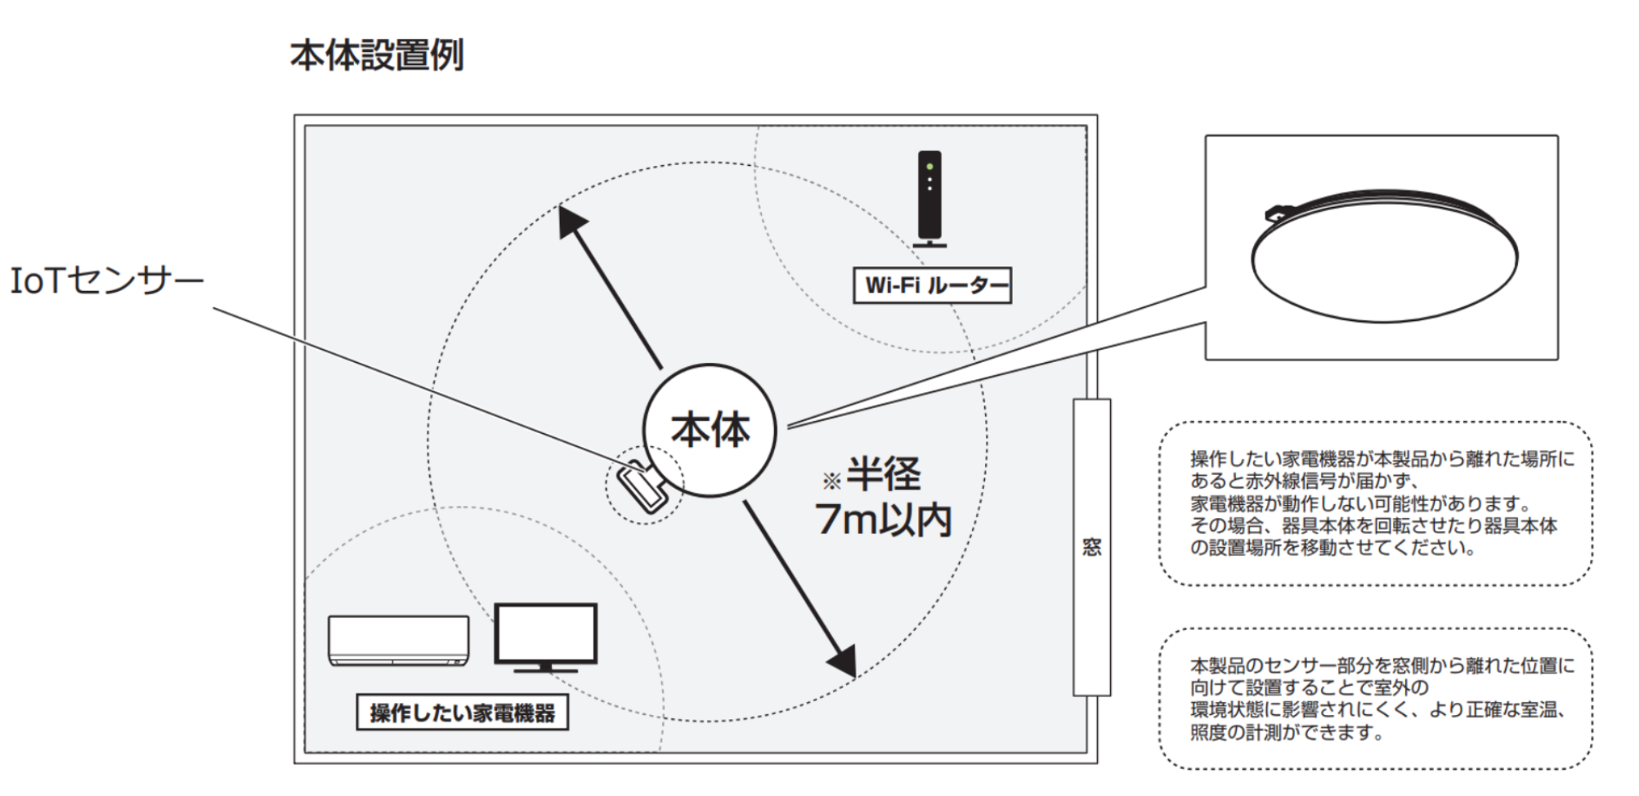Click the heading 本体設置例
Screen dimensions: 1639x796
point(377,56)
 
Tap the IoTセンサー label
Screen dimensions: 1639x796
point(107,281)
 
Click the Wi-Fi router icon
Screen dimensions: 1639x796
point(929,199)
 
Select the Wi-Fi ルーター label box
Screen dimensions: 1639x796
point(932,286)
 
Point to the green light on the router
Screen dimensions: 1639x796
point(929,167)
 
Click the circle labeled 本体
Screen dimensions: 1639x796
point(710,430)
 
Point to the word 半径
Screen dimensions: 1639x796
point(884,474)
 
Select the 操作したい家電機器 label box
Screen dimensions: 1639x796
point(463,713)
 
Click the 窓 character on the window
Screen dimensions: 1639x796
point(1092,546)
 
